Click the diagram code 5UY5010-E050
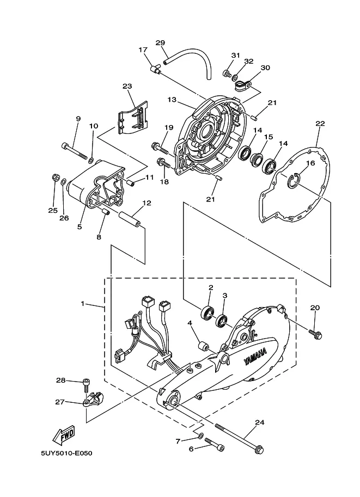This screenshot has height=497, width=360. pyautogui.click(x=66, y=453)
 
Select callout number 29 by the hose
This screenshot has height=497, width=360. pyautogui.click(x=161, y=43)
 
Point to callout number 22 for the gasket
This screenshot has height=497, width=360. pyautogui.click(x=320, y=124)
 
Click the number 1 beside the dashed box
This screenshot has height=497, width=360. pyautogui.click(x=83, y=303)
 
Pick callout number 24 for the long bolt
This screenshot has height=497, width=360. pyautogui.click(x=259, y=422)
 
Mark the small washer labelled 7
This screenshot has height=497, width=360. pyautogui.click(x=201, y=436)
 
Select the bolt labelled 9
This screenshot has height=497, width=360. pyautogui.click(x=74, y=151)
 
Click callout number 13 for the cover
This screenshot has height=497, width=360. pyautogui.click(x=172, y=100)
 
